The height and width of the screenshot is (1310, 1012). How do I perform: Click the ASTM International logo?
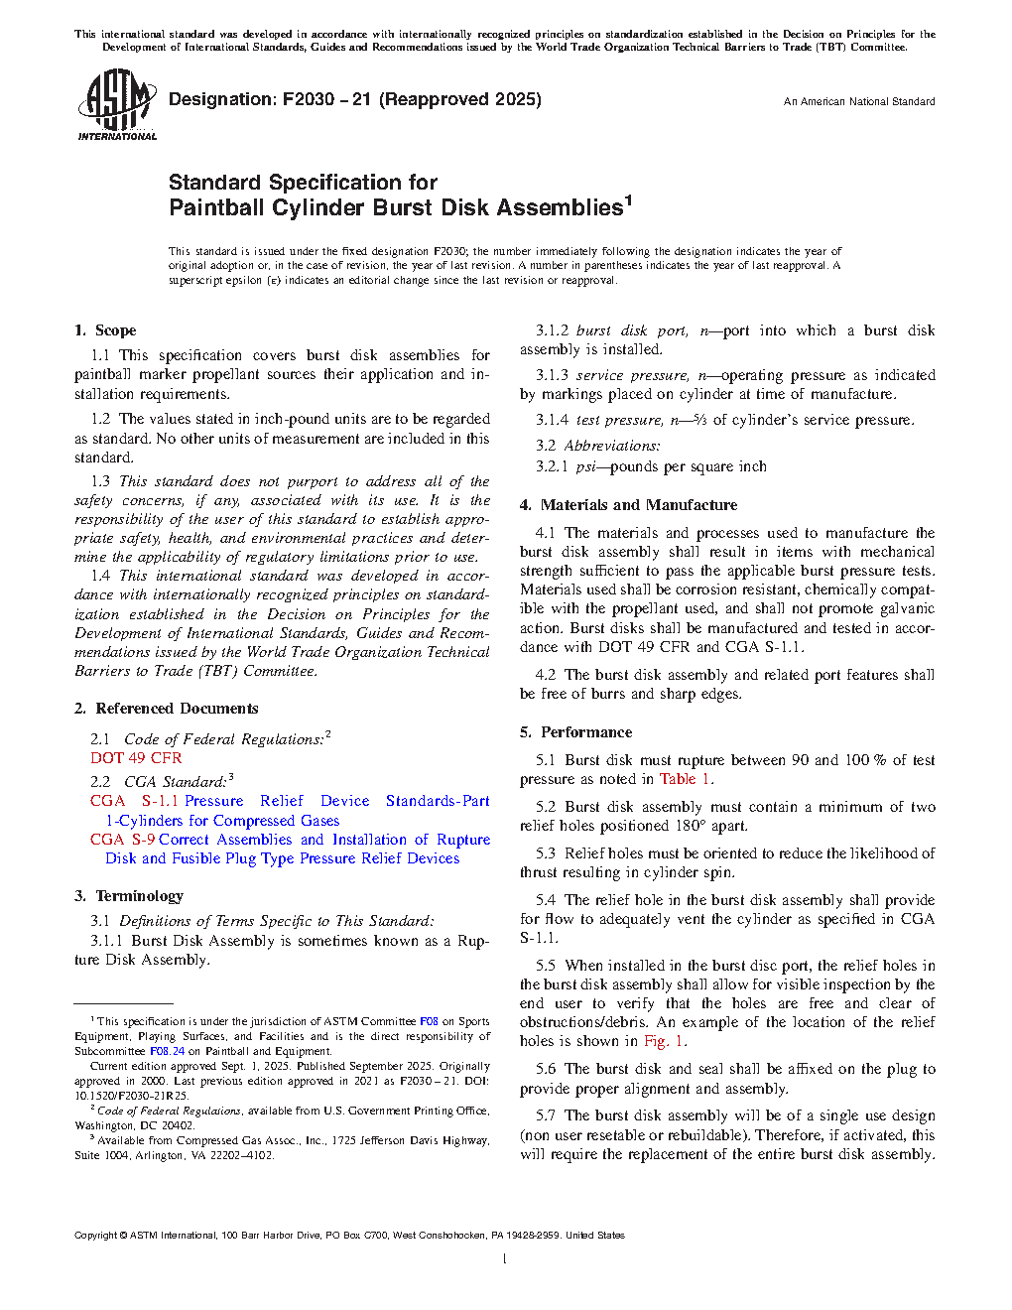point(116,104)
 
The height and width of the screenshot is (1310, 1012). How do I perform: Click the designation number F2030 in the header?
point(309,99)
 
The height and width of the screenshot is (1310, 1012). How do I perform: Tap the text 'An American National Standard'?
point(858,101)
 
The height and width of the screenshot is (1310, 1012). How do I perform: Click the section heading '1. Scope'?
point(105,330)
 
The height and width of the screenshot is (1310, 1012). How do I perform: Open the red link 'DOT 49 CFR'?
point(136,758)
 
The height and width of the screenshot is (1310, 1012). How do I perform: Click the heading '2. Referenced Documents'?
point(166,709)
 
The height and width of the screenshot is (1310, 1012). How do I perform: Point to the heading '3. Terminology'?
point(129,896)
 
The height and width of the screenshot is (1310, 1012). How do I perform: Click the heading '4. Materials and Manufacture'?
point(628,505)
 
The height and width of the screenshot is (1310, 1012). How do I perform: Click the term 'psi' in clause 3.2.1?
point(585,466)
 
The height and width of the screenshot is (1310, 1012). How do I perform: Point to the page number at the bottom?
point(505,1259)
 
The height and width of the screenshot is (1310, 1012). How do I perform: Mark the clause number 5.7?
point(546,1116)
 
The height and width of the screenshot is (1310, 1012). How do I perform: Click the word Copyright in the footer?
point(95,1236)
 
